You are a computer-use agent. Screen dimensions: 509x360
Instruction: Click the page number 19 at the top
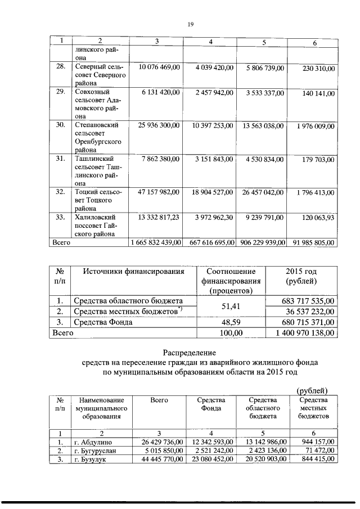[x=190, y=24]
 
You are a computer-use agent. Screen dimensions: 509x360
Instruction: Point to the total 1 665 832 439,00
[x=155, y=242]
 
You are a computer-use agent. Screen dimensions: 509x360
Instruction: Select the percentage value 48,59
[x=232, y=322]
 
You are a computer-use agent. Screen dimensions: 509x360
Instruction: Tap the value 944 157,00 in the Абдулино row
[x=318, y=442]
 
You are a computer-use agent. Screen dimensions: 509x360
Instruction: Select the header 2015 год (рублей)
[x=301, y=276]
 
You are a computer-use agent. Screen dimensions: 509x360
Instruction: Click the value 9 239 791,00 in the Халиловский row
[x=263, y=217]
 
